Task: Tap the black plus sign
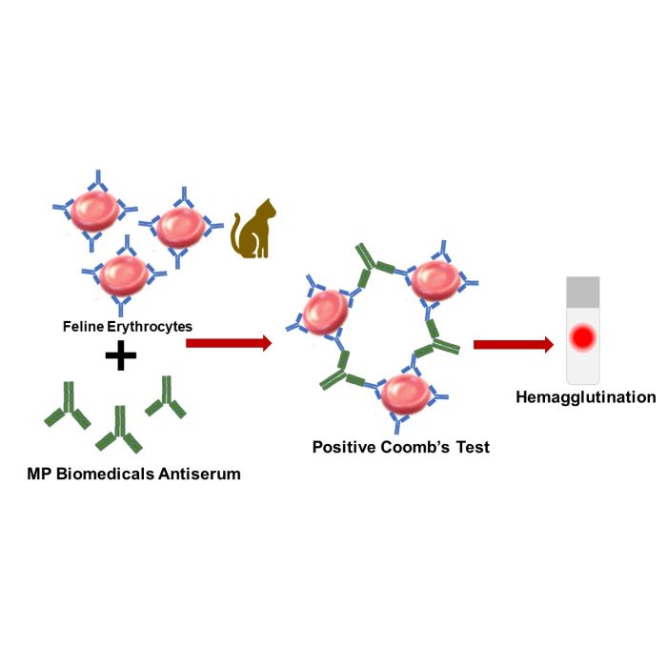click(121, 354)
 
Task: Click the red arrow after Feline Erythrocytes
click(229, 343)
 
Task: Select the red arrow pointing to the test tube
click(514, 344)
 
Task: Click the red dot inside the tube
click(583, 337)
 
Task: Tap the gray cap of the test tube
click(583, 293)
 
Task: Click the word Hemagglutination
click(586, 397)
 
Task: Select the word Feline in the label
click(84, 326)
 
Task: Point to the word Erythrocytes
click(150, 327)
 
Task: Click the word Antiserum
click(199, 474)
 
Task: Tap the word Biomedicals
click(106, 474)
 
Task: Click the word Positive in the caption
click(344, 447)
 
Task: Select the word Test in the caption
click(473, 447)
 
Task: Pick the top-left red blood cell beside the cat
click(94, 211)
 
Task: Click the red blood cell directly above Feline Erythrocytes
click(123, 275)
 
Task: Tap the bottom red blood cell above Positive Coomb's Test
click(405, 394)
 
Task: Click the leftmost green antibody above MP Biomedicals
click(68, 404)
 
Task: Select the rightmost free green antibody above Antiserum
click(166, 397)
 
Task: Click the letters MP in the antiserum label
click(40, 474)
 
